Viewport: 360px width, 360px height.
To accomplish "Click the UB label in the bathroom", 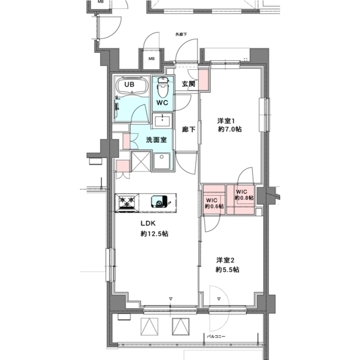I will [x=129, y=85].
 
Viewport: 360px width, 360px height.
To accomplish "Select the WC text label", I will [x=162, y=103].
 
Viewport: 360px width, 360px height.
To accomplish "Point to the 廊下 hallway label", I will [x=188, y=129].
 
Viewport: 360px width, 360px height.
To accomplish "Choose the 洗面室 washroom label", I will [x=156, y=139].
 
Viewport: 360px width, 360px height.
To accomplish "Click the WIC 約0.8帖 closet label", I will [x=244, y=195].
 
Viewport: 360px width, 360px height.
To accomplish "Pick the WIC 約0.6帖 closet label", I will [x=214, y=203].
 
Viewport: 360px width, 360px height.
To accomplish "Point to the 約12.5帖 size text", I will [x=154, y=234].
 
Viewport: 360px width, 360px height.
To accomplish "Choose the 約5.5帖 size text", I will [x=228, y=270].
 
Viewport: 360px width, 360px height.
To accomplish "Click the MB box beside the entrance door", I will [x=151, y=58].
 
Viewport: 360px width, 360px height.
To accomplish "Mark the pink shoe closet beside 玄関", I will [x=205, y=79].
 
